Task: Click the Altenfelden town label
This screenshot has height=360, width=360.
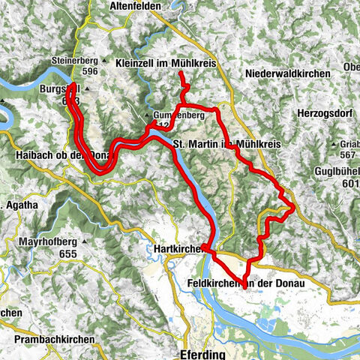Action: (x=136, y=5)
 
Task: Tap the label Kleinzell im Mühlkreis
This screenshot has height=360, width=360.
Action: (x=166, y=64)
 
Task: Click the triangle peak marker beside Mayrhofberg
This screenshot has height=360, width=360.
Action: (x=85, y=242)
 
